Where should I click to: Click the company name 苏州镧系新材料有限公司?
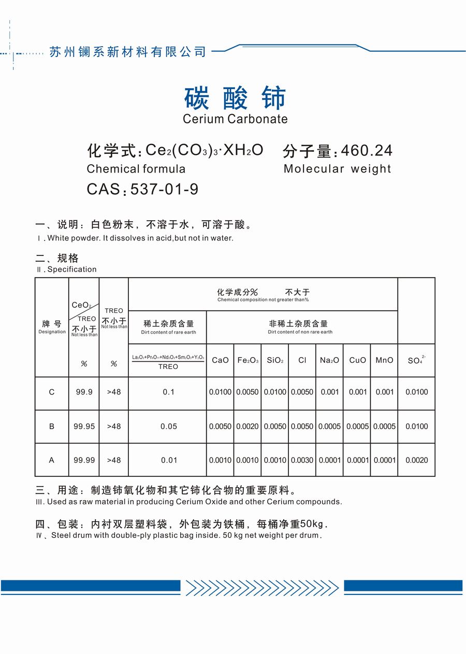coord(127,52)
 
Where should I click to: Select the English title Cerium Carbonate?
coord(235,119)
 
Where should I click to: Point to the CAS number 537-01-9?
coord(165,189)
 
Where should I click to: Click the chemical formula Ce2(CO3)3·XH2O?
coord(204,150)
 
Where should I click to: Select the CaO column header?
coord(220,360)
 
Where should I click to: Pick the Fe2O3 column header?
coord(247,360)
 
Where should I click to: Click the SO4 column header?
coord(416,360)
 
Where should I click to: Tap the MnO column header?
coord(384,360)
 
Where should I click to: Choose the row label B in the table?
coord(52,426)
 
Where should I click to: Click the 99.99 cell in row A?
coord(84,460)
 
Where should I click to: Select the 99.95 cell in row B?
coord(84,426)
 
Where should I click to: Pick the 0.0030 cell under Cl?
coord(302,460)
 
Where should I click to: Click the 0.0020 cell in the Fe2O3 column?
coord(247,426)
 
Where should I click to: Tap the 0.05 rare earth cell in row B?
coord(168,426)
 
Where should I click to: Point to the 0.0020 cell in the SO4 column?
coord(416,460)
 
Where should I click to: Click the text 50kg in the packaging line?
coord(313,524)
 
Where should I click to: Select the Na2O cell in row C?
coord(330,392)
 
